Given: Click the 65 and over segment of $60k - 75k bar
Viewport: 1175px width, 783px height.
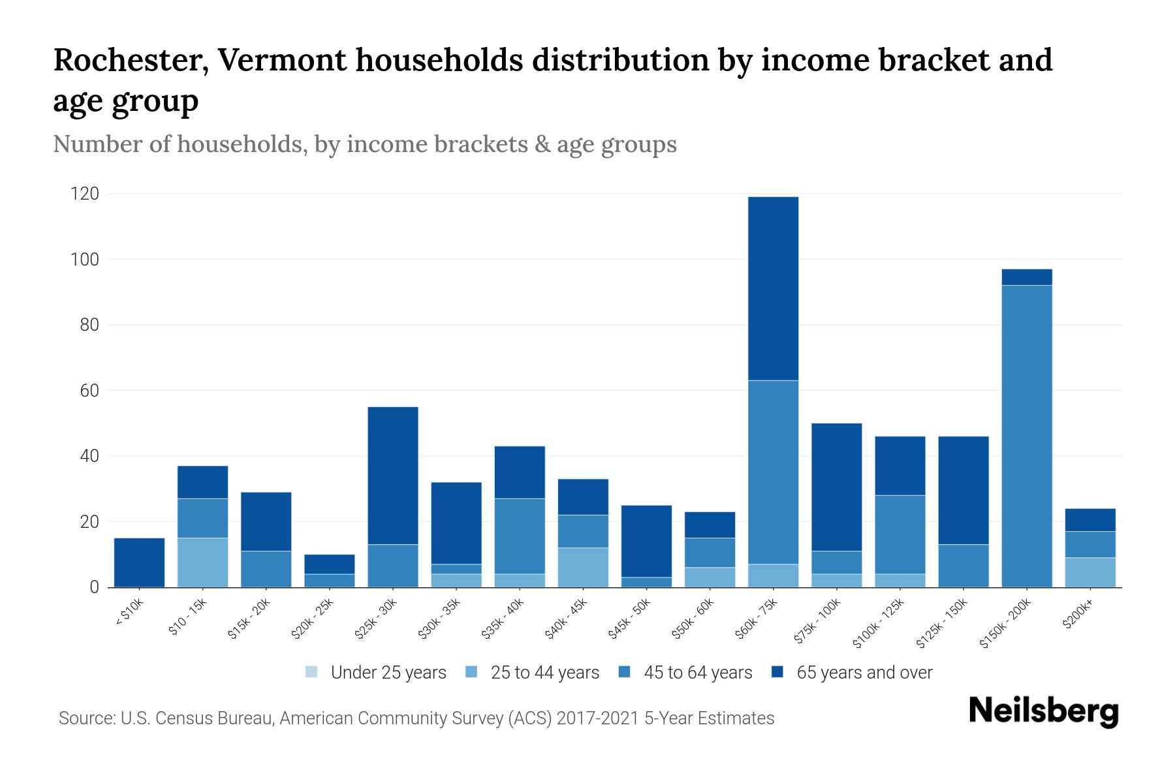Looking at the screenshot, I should pos(773,288).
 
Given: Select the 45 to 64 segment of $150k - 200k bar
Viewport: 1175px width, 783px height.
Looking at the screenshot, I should pos(1026,436).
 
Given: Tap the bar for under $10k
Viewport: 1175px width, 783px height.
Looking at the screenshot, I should pos(139,562).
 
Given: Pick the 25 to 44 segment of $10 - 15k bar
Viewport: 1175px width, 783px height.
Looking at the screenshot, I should pos(202,562).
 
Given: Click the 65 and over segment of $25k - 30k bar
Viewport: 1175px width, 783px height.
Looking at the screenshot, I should pos(393,476).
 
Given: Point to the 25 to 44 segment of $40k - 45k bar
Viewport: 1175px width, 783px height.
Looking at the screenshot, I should pos(583,567).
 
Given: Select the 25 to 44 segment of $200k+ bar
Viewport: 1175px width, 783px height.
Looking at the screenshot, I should pos(1089,572).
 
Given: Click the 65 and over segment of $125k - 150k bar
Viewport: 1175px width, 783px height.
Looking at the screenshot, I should pos(963,490).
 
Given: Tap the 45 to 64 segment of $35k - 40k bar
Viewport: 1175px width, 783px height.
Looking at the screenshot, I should pos(520,536).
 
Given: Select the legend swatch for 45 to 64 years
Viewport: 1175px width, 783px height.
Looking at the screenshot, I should pos(625,672).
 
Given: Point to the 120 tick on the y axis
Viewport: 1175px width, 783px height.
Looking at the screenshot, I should pos(85,194).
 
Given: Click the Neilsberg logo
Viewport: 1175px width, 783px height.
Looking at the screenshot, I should pos(1043,711).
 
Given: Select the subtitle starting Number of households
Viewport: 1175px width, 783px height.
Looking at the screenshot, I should pos(364,144).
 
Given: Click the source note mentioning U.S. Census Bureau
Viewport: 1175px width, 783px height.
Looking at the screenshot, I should pos(416,718).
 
